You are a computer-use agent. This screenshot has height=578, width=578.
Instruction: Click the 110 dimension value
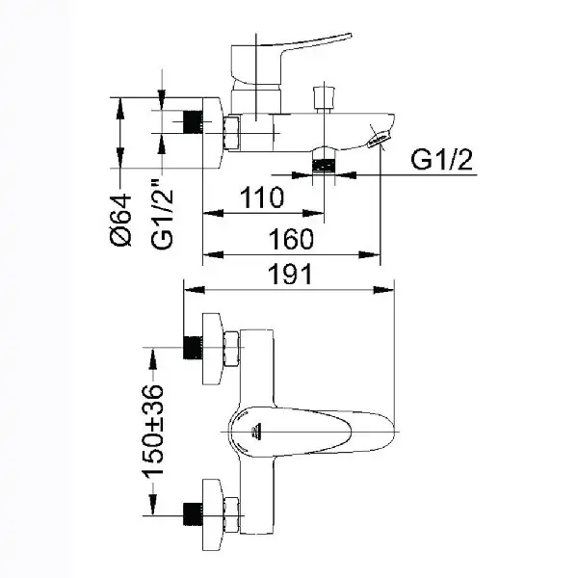click(262, 197)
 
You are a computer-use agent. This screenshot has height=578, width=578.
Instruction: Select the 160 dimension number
click(291, 239)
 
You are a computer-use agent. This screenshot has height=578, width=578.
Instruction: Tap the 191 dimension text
click(291, 275)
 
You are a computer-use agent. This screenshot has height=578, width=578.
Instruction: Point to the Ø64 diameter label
click(121, 220)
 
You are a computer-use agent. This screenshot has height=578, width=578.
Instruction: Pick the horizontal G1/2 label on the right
click(441, 160)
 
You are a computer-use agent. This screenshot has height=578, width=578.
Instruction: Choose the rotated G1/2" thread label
click(162, 214)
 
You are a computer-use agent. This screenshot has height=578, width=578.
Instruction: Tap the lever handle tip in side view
click(349, 36)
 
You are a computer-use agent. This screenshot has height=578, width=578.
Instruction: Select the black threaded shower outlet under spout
click(324, 165)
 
